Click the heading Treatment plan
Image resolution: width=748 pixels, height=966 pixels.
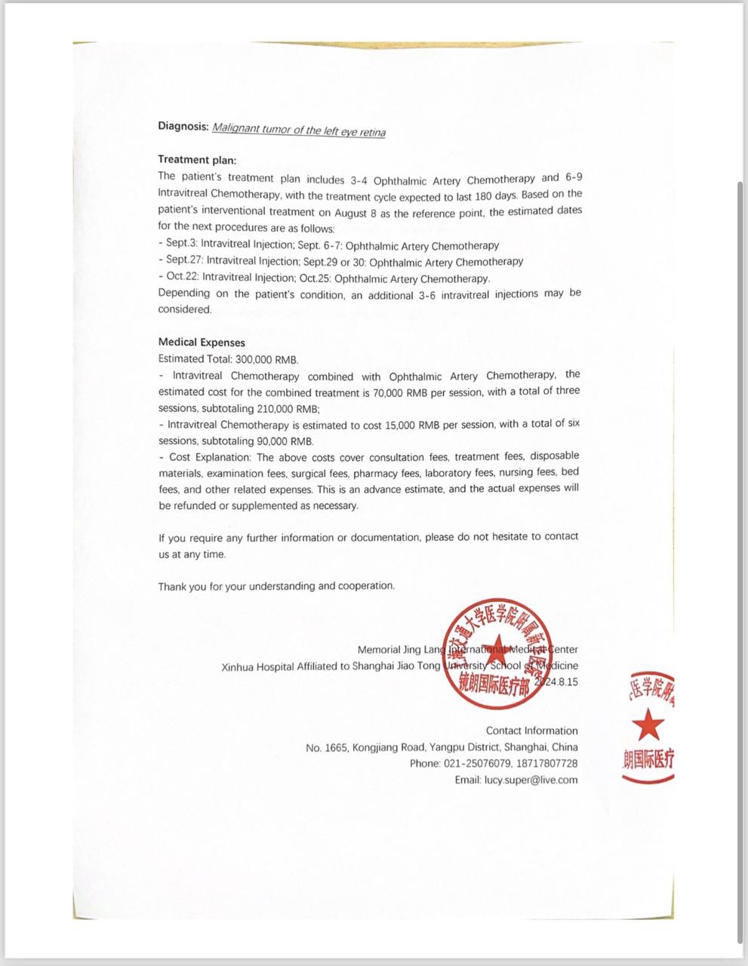pos(196,159)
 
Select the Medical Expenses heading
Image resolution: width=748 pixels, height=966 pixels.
pos(202,342)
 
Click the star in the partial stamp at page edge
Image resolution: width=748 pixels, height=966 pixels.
pos(648,727)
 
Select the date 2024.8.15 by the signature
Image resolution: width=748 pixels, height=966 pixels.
pos(556,681)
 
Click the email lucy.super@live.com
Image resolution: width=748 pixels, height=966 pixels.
pos(531,780)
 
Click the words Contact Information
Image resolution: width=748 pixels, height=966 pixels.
pos(531,731)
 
